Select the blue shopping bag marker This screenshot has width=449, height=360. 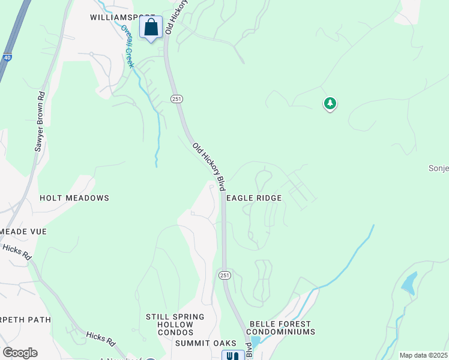coord(151,28)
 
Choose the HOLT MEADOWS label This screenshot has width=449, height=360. coord(74,198)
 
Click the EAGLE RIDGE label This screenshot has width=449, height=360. coord(253,198)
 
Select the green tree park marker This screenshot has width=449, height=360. coord(330,104)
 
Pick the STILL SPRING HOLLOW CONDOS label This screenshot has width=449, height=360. coord(175,325)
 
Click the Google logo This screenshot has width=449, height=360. coord(20,353)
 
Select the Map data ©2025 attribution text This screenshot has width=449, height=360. coord(423,355)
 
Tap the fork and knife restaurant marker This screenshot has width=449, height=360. coord(233,355)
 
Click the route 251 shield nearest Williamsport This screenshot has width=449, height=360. coord(176,99)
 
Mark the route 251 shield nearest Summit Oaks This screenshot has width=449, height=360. coord(224,275)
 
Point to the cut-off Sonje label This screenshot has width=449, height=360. coord(438,168)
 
